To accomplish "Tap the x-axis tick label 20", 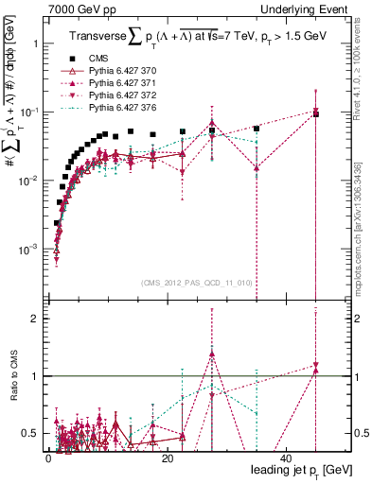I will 168,458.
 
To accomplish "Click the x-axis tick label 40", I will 287,458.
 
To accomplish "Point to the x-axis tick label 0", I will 48,458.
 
